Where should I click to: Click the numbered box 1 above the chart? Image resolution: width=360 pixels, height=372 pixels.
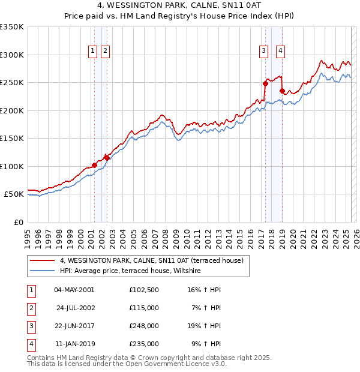click(x=93, y=52)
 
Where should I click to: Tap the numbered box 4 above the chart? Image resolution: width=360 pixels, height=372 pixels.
click(x=280, y=52)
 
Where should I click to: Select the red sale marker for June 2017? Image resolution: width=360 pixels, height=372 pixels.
click(x=265, y=83)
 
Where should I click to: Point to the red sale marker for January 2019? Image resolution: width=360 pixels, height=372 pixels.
click(x=282, y=91)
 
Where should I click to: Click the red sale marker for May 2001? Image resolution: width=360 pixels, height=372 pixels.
click(x=94, y=164)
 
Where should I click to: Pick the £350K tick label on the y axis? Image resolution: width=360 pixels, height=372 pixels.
click(x=12, y=27)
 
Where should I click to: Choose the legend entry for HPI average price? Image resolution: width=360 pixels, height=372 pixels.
click(x=130, y=271)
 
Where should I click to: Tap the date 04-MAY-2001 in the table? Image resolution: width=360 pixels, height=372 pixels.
click(x=74, y=290)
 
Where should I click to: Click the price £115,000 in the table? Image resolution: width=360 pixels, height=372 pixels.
click(x=143, y=308)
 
